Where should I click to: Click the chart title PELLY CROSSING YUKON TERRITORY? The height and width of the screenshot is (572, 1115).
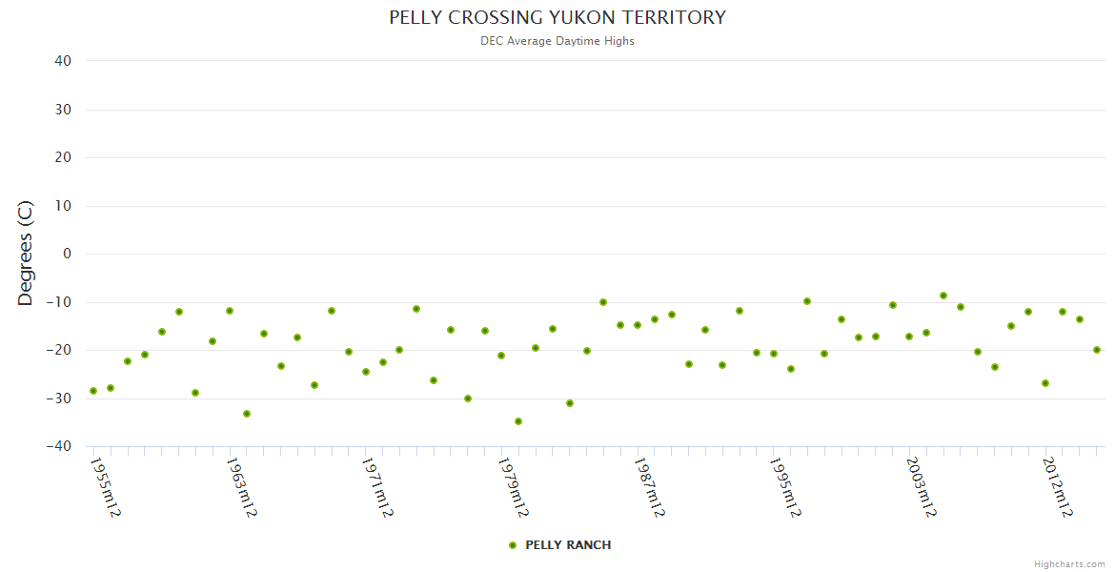[x=557, y=18]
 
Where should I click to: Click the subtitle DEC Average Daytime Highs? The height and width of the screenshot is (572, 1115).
[x=557, y=41]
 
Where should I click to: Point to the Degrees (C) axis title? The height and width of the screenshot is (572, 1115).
[x=26, y=254]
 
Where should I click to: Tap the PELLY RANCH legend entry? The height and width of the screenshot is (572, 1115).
[x=568, y=545]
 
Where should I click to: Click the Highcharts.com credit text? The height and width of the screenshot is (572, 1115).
[x=1069, y=563]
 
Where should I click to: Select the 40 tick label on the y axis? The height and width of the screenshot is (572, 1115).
[x=63, y=61]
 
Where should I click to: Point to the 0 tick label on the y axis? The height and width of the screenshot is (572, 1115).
[x=67, y=254]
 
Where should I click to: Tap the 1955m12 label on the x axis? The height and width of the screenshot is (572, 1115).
[x=105, y=486]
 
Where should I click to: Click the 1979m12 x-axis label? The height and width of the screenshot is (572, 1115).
[x=513, y=486]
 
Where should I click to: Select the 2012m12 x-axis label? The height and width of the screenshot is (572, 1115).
[x=1058, y=486]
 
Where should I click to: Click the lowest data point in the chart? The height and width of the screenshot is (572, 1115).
[x=518, y=421]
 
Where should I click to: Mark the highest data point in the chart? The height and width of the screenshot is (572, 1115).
[x=943, y=296]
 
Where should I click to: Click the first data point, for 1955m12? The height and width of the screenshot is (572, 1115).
[x=93, y=391]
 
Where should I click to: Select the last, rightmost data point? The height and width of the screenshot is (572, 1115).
[x=1097, y=350]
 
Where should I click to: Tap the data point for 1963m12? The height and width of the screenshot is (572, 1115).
[x=230, y=311]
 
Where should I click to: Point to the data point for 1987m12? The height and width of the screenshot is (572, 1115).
[x=638, y=325]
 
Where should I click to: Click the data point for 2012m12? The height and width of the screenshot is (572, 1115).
[x=1045, y=383]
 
